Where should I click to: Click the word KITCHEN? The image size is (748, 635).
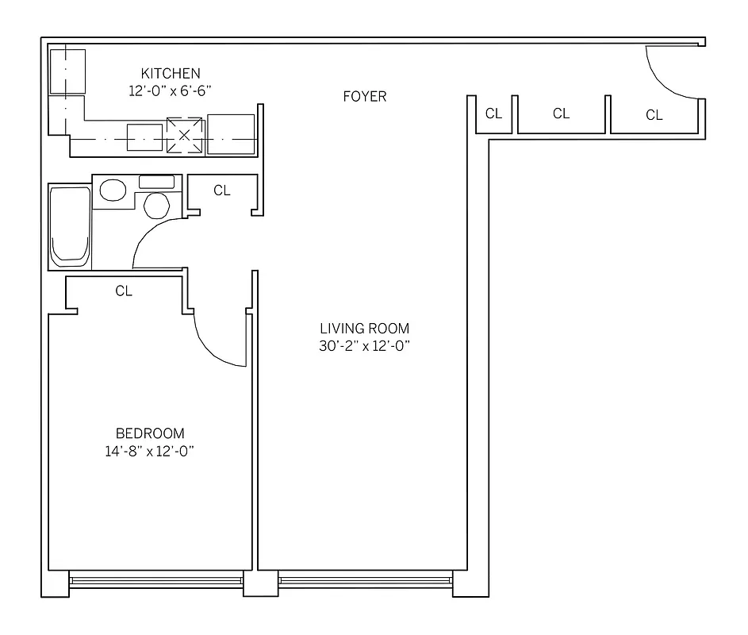click(171, 74)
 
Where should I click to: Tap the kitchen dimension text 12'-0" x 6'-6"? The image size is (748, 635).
click(171, 90)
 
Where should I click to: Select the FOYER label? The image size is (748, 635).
click(365, 97)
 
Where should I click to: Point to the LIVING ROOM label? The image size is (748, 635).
click(365, 329)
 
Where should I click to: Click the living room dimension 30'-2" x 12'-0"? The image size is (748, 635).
click(365, 346)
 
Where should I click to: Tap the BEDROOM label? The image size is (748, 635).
click(150, 433)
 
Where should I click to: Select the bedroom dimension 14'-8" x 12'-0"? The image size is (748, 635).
click(150, 452)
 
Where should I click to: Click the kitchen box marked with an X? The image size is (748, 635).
click(185, 135)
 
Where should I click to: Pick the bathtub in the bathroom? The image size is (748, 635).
click(70, 226)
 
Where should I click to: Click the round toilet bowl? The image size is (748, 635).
click(157, 205)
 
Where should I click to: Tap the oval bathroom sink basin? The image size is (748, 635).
click(113, 190)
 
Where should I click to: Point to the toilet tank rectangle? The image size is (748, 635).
click(156, 182)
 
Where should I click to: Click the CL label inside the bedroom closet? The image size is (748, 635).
click(124, 291)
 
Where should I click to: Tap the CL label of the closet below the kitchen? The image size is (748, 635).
click(222, 190)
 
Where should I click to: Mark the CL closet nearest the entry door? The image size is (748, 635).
click(654, 116)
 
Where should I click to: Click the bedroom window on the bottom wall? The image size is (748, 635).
click(155, 580)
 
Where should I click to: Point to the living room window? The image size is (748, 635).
click(365, 580)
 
